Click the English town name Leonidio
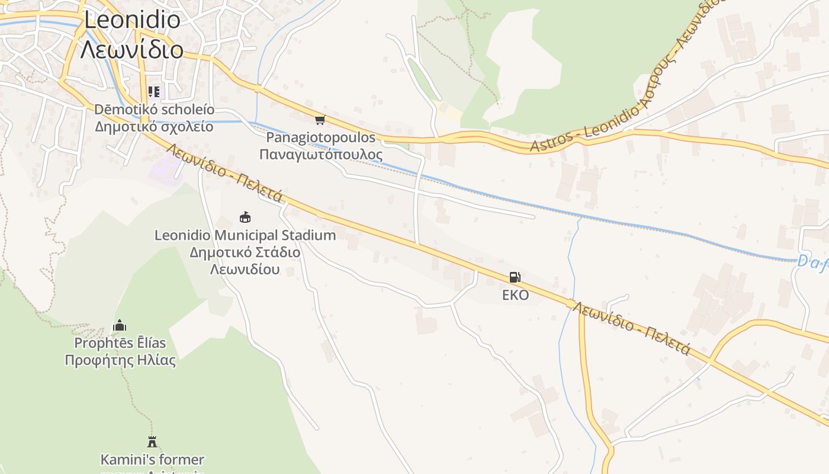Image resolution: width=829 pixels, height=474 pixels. click(132, 20)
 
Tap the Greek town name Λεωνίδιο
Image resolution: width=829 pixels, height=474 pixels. click(132, 50)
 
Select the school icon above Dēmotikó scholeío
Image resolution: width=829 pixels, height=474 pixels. click(154, 92)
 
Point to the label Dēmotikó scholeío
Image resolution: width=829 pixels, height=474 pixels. click(154, 110)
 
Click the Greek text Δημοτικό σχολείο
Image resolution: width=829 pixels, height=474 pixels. click(154, 126)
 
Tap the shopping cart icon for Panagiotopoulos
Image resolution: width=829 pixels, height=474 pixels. click(320, 120)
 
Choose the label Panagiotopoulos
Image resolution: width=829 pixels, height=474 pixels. click(320, 137)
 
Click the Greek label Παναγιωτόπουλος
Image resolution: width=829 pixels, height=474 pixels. click(320, 155)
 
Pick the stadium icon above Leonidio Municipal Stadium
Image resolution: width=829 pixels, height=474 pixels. click(245, 217)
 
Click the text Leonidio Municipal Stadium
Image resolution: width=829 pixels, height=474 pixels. click(245, 235)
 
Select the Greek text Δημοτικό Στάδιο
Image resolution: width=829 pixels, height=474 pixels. click(245, 252)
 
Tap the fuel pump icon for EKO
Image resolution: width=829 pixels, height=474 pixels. click(515, 277)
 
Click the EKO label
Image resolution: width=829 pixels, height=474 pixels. click(515, 295)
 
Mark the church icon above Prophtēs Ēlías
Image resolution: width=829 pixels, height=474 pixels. click(120, 325)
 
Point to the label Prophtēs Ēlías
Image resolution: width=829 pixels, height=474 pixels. click(120, 343)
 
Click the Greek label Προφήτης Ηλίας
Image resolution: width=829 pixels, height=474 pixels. click(120, 360)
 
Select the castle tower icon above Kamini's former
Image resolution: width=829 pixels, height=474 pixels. click(152, 441)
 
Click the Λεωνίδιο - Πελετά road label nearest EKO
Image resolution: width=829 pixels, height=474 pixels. click(631, 329)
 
